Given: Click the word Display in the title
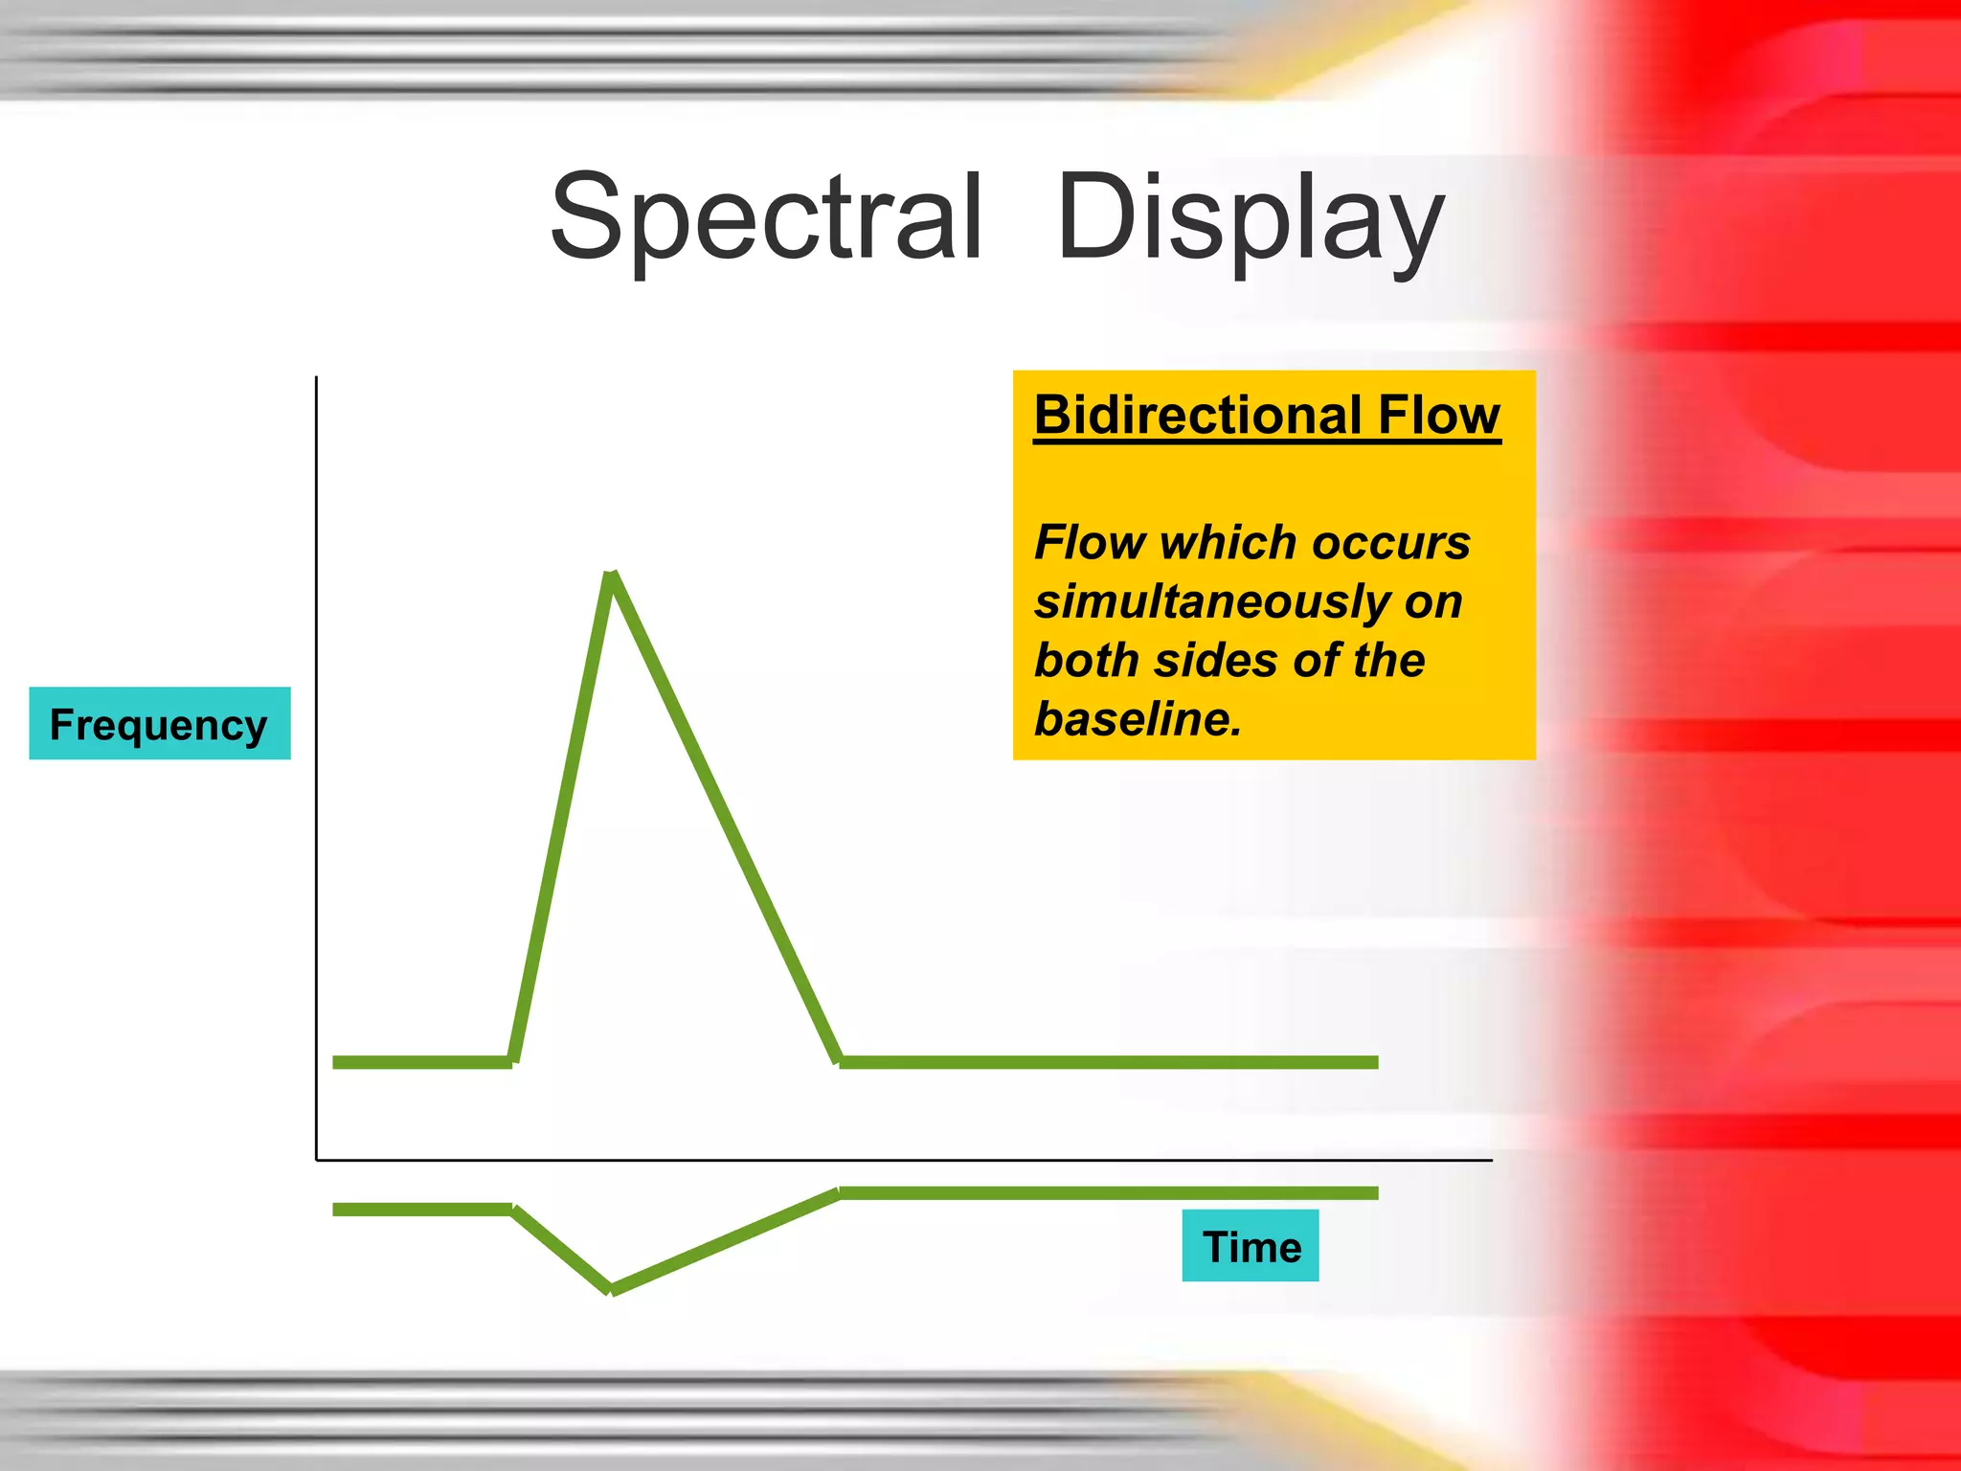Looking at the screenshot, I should coord(1250,218).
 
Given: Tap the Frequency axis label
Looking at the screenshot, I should coord(159,724).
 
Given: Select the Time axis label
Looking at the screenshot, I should coord(1251,1246).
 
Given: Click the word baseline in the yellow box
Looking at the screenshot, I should coord(1136,719).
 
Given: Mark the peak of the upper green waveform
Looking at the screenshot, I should coord(613,575).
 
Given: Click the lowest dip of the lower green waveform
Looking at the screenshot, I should coord(611,1290).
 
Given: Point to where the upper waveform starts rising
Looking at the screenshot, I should coord(513,1061).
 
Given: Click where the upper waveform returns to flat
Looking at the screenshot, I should coord(840,1061).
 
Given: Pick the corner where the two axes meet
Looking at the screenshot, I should coord(317,1160).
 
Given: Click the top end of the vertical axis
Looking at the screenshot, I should coord(317,378).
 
